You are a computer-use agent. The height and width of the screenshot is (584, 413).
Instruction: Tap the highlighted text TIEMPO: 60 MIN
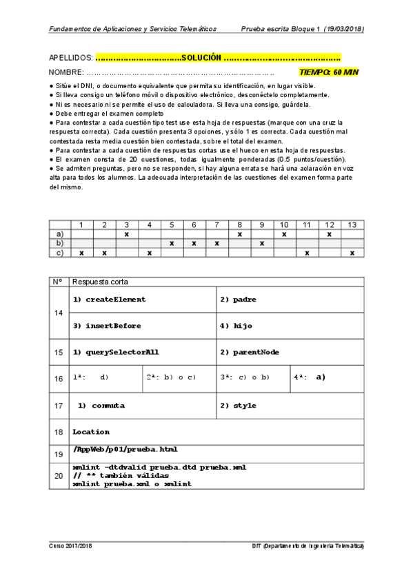329,72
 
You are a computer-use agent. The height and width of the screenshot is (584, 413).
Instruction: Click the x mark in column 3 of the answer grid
127,234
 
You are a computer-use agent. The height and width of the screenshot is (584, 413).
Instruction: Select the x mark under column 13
352,252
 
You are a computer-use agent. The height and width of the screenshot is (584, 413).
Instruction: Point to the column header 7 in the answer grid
216,225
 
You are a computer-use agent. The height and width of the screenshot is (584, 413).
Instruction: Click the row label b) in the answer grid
60,243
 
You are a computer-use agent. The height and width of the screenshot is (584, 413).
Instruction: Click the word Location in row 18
91,432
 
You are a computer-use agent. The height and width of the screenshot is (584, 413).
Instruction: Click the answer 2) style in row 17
238,406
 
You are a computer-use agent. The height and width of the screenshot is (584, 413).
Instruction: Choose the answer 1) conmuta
97,406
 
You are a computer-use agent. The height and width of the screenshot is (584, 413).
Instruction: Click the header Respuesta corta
100,282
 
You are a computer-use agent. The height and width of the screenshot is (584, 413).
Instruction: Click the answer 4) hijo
234,325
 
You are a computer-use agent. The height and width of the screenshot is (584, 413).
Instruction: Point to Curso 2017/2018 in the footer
71,545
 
